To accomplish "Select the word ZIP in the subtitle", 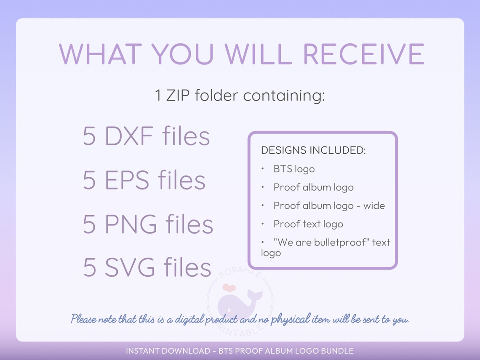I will click(181, 96).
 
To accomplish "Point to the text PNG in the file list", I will click(131, 224).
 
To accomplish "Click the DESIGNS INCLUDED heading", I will click(313, 150).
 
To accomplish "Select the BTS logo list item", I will click(294, 169).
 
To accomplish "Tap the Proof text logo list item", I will click(308, 224).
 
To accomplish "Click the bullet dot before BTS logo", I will click(262, 169).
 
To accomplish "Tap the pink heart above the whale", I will click(229, 288).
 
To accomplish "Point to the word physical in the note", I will click(290, 319).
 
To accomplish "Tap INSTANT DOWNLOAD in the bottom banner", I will click(168, 351).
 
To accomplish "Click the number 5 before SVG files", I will click(89, 268).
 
